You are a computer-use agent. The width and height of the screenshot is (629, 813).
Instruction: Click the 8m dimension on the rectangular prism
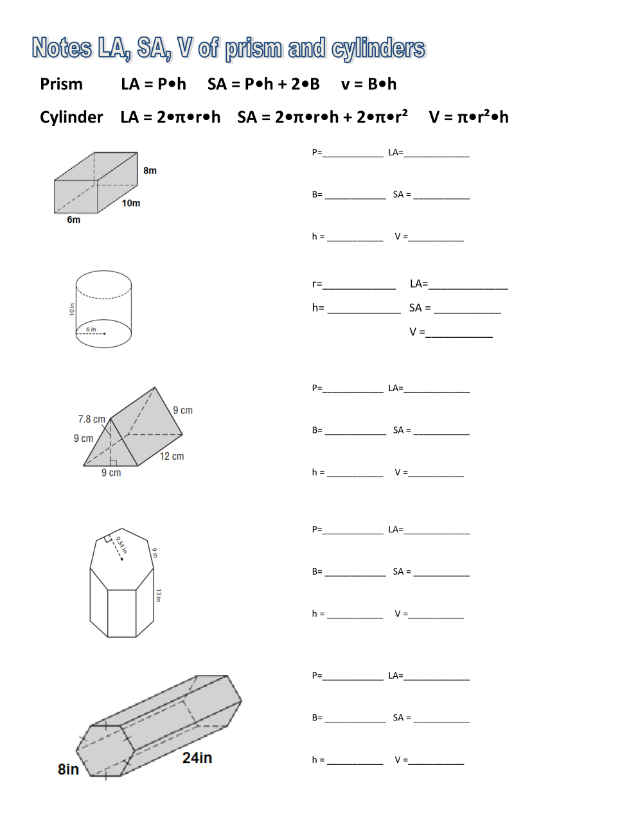click(150, 171)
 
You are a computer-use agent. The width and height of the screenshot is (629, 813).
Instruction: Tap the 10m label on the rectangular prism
click(131, 204)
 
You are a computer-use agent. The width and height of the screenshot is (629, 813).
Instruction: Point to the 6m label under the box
click(74, 220)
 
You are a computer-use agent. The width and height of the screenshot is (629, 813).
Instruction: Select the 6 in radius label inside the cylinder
click(91, 329)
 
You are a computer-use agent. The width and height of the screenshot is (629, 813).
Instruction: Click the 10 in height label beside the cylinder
click(72, 310)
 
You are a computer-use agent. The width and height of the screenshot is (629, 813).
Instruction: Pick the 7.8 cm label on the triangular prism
click(91, 419)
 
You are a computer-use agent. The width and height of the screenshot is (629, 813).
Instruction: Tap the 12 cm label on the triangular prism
click(172, 457)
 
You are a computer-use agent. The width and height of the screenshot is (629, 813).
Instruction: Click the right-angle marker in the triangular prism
click(113, 462)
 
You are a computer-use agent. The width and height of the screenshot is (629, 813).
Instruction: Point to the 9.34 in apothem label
click(121, 545)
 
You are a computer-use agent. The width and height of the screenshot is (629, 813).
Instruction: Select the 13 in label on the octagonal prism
click(158, 595)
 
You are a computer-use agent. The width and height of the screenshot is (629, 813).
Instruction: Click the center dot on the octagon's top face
click(122, 559)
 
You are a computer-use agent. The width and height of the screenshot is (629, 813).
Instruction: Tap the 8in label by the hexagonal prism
click(68, 769)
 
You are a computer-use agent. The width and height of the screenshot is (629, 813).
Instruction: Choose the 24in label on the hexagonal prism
click(197, 758)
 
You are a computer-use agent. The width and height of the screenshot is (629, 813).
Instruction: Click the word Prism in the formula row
click(61, 84)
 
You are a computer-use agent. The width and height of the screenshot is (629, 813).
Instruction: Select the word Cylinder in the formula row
click(71, 118)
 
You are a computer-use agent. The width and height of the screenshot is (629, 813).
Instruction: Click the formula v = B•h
click(369, 84)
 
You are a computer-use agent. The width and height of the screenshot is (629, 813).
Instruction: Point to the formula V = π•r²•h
click(468, 117)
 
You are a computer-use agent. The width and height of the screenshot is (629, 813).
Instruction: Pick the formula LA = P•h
click(154, 84)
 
